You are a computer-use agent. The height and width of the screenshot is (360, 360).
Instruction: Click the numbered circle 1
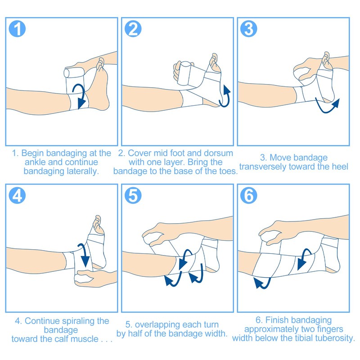17,29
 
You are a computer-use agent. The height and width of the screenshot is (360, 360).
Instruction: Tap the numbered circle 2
133,29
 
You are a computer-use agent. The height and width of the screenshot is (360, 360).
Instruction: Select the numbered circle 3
249,29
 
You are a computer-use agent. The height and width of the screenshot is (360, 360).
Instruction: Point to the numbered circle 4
17,196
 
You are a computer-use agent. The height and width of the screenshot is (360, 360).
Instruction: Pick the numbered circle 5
133,196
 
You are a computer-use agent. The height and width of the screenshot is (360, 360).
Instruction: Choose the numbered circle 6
249,196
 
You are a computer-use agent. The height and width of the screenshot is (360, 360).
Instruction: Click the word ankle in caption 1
35,162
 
